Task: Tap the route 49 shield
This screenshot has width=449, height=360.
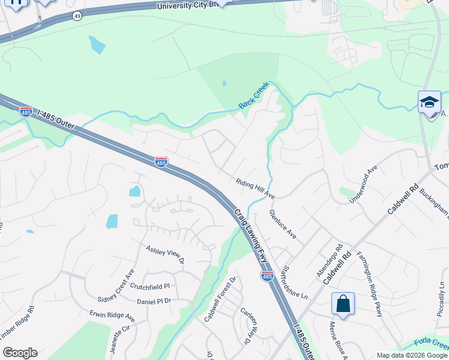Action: pyautogui.click(x=77, y=16)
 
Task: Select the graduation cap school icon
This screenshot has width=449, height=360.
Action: pyautogui.click(x=429, y=102)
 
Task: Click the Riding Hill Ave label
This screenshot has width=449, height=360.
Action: pyautogui.click(x=255, y=188)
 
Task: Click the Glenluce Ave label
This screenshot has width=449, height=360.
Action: pyautogui.click(x=283, y=224)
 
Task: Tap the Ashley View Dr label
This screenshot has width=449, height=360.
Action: pyautogui.click(x=164, y=254)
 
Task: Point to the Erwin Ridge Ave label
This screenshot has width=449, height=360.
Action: pyautogui.click(x=112, y=315)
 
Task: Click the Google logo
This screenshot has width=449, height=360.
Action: pyautogui.click(x=20, y=353)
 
